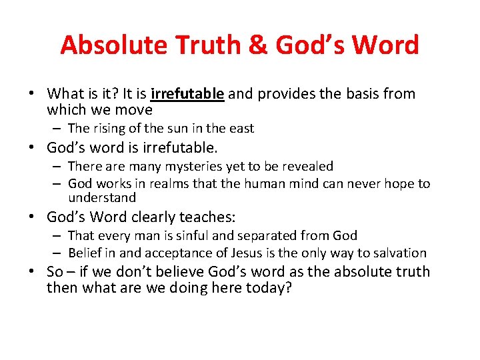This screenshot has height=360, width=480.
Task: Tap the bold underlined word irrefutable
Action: coord(187,94)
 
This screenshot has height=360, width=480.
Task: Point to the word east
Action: coord(240,128)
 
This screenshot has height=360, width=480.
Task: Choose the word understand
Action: coord(101,198)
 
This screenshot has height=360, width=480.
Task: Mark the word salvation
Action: coord(399,253)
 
